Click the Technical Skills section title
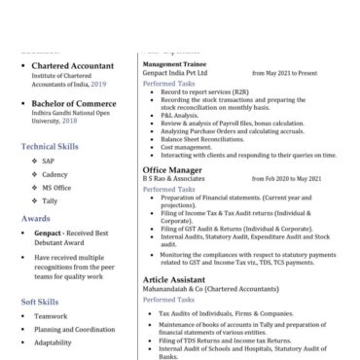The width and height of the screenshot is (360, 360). pos(51,145)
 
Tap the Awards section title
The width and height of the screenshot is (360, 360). pos(36,219)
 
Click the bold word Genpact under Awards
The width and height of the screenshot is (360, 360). pos(53,234)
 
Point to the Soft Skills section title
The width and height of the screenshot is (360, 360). pos(44,303)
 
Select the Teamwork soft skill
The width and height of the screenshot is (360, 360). pos(52,316)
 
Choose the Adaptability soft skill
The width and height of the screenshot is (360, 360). pos(54,342)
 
